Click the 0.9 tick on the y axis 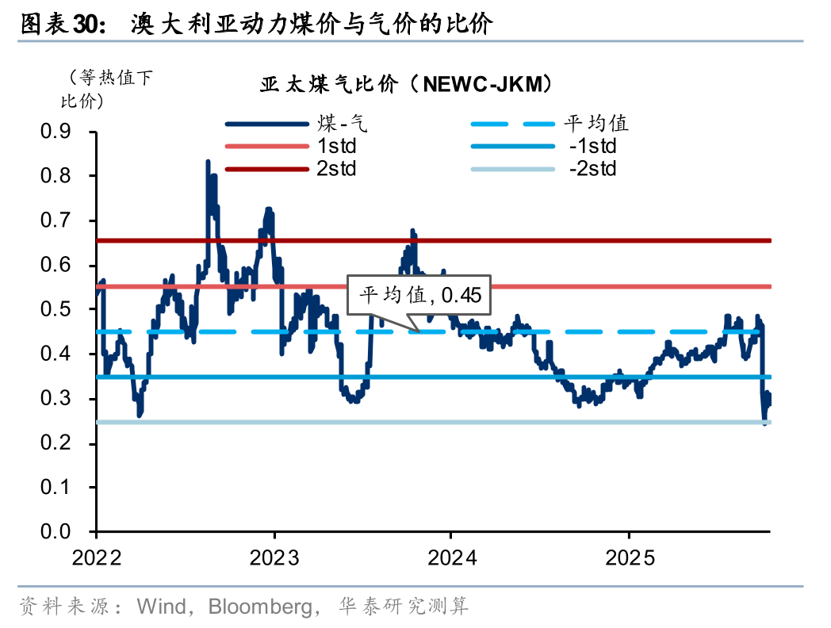(56, 131)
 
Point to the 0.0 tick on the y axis (56, 531)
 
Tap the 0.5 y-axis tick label (56, 309)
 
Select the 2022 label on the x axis (97, 557)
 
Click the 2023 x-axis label (274, 557)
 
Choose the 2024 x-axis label (451, 557)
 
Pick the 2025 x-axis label (629, 557)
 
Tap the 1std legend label (337, 146)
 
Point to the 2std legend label (337, 168)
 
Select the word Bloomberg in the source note (259, 607)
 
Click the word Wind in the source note (162, 607)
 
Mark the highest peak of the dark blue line (208, 162)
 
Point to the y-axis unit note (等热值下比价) (103, 89)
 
